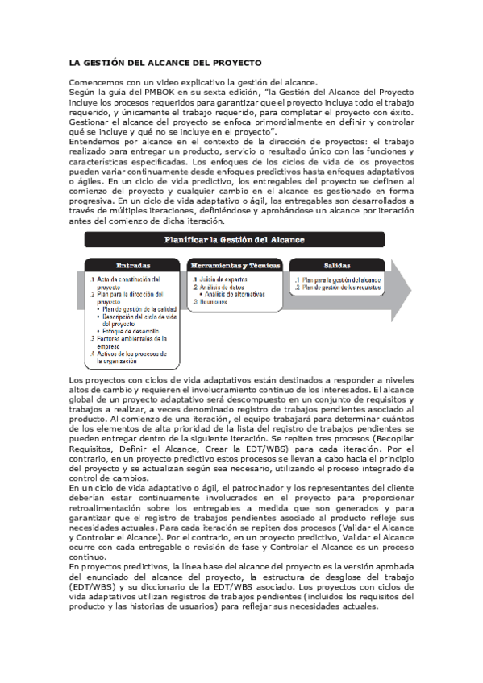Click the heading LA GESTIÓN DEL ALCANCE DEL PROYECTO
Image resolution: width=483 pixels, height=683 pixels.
pyautogui.click(x=165, y=62)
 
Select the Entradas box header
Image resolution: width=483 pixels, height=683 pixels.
pyautogui.click(x=133, y=265)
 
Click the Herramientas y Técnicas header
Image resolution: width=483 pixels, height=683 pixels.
pyautogui.click(x=235, y=265)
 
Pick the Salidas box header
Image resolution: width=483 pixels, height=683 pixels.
pyautogui.click(x=337, y=265)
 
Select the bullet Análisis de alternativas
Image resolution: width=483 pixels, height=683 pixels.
pyautogui.click(x=235, y=294)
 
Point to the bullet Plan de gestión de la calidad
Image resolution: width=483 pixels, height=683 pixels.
pyautogui.click(x=138, y=309)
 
